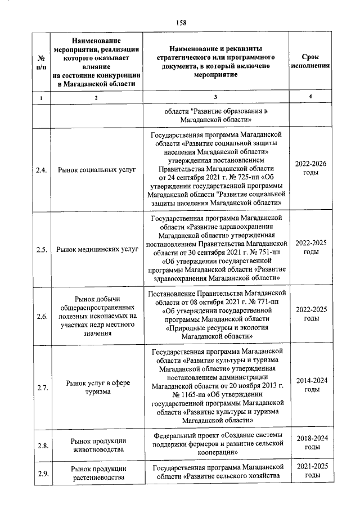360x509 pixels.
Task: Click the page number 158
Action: point(181,22)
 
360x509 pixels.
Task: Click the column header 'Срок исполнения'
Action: point(311,61)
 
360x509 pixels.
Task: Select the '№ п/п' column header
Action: point(41,61)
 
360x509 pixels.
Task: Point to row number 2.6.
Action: point(41,317)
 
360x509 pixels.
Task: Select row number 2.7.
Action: point(41,388)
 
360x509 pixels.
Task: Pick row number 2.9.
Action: point(41,472)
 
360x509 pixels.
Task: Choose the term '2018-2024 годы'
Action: point(311,442)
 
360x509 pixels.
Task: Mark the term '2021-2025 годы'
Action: point(311,471)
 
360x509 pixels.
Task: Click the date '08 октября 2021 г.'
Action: point(214,302)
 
